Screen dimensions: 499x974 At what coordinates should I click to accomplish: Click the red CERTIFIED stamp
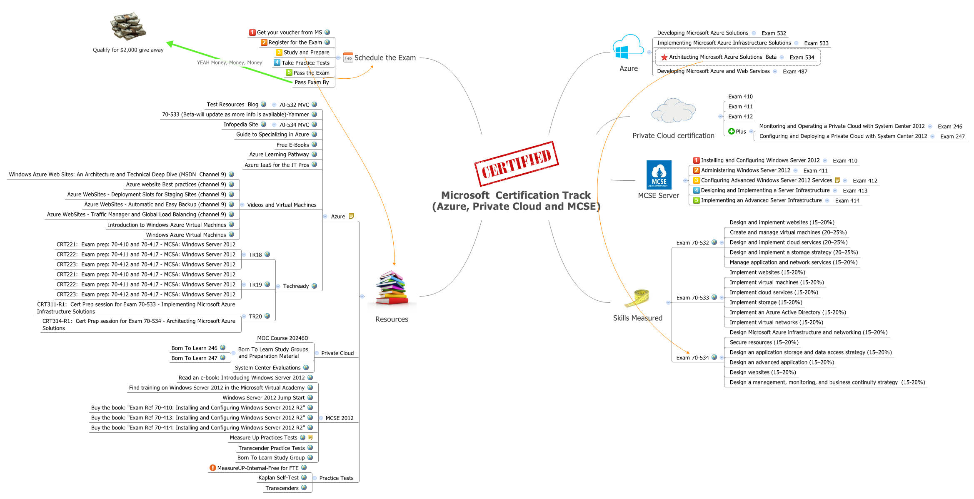tap(516, 164)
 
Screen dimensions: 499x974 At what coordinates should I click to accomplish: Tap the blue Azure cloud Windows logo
tap(627, 47)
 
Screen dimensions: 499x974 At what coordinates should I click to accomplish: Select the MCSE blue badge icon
tap(659, 175)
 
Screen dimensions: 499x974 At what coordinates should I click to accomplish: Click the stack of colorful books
tap(392, 288)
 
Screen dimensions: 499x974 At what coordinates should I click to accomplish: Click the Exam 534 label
tap(802, 57)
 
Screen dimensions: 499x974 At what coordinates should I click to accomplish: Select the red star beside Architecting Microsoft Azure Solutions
tap(664, 57)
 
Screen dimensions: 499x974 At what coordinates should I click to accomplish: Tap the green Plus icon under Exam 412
tap(731, 131)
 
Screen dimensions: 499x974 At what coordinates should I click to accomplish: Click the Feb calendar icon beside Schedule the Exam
tap(348, 58)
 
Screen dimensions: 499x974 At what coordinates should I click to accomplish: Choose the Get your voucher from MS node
tap(289, 32)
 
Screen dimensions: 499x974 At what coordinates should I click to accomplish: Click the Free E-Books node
tap(292, 145)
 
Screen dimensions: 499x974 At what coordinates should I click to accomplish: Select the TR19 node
tap(255, 285)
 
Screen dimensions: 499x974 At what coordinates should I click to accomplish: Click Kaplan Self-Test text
tap(278, 478)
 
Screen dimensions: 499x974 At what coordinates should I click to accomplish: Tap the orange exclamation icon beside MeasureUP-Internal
tap(212, 468)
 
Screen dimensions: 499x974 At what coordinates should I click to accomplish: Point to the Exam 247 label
tap(952, 137)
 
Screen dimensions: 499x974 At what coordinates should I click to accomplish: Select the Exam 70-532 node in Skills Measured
tap(692, 243)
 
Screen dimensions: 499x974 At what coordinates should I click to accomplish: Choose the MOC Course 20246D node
tap(282, 338)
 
